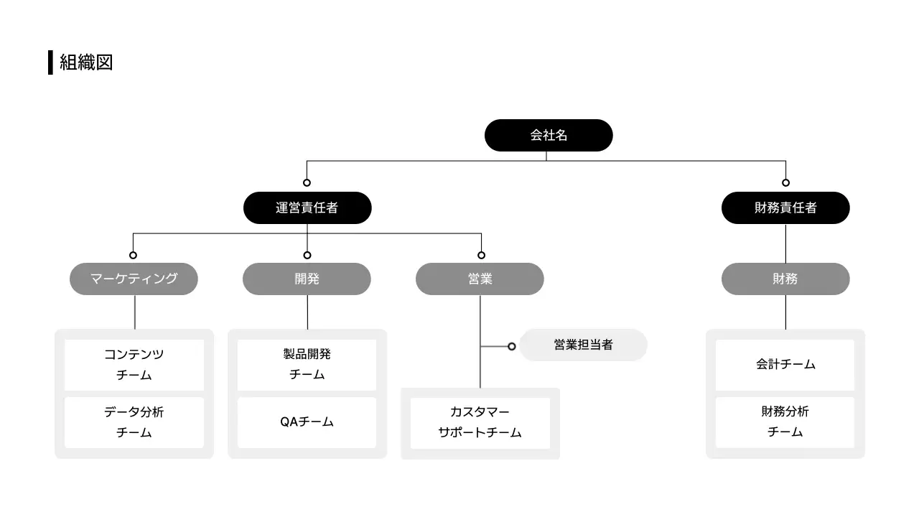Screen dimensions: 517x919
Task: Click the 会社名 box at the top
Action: pos(549,135)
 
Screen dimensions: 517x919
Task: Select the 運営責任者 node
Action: pos(307,208)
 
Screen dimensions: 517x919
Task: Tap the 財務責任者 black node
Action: pos(785,208)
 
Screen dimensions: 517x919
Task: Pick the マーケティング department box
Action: pos(134,279)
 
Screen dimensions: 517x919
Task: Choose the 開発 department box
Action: pos(307,279)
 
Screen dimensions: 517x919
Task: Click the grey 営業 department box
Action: pos(480,279)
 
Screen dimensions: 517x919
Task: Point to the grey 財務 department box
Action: pos(785,279)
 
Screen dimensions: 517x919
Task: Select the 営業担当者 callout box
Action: pos(583,345)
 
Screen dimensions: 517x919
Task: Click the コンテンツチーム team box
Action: pos(134,365)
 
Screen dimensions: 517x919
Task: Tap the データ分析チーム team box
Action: pos(134,422)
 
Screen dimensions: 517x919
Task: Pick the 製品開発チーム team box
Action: pos(307,365)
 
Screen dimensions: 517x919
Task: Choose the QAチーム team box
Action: pos(307,422)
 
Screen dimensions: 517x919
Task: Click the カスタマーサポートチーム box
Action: pos(480,423)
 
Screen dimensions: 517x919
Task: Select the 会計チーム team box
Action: pos(785,365)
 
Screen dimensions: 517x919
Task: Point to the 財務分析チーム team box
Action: pos(785,422)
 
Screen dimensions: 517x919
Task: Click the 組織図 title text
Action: pos(86,62)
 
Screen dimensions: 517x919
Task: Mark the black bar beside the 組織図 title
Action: pos(50,62)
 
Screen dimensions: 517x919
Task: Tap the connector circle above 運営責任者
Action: pos(307,182)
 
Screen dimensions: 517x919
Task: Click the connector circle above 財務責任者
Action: pos(785,182)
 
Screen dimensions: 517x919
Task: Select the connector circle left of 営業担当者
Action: pos(511,346)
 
